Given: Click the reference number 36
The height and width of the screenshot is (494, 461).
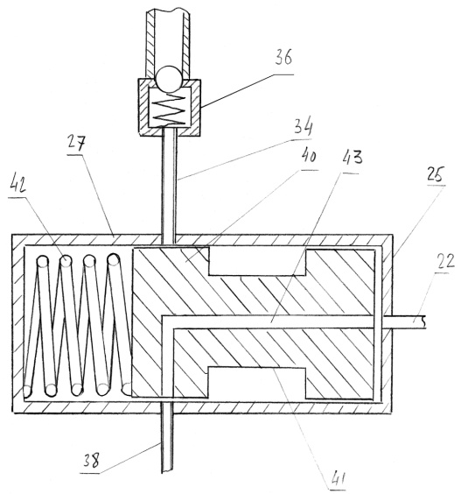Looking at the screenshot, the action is [x=283, y=57].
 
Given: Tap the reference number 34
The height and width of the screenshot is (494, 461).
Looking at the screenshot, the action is [x=303, y=127].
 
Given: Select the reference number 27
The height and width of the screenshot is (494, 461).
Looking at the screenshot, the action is [x=76, y=144].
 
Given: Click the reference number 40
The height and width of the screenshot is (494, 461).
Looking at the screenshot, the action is [x=309, y=155].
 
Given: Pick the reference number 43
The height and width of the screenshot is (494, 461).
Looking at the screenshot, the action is [x=352, y=158].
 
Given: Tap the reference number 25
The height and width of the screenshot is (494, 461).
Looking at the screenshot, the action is [x=436, y=174].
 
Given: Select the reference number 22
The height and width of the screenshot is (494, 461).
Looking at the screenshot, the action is [x=445, y=262].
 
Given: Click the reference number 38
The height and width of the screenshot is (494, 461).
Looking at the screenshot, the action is [x=91, y=461].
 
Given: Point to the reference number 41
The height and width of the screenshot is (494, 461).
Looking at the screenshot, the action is [x=338, y=478].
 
